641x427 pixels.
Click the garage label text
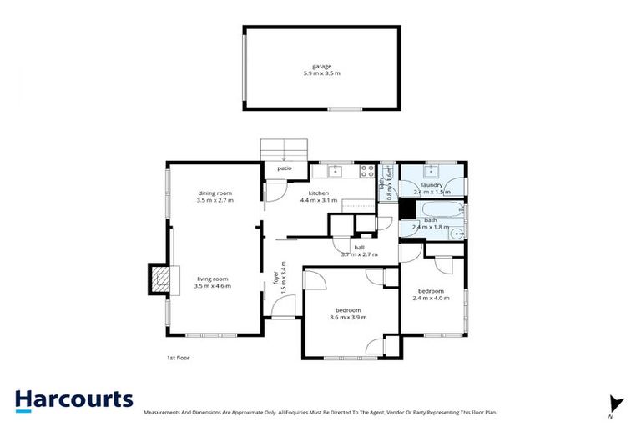[321, 66]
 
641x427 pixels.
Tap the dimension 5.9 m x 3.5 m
[321, 74]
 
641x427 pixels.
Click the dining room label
[215, 193]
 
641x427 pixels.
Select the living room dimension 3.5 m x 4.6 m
[212, 286]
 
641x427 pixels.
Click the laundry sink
[432, 173]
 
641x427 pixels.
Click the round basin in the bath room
[457, 234]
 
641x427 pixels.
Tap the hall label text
[359, 248]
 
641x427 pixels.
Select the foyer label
[276, 276]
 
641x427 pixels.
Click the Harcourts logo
[73, 400]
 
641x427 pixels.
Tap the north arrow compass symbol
[616, 404]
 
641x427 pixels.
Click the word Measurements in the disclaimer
[164, 413]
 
